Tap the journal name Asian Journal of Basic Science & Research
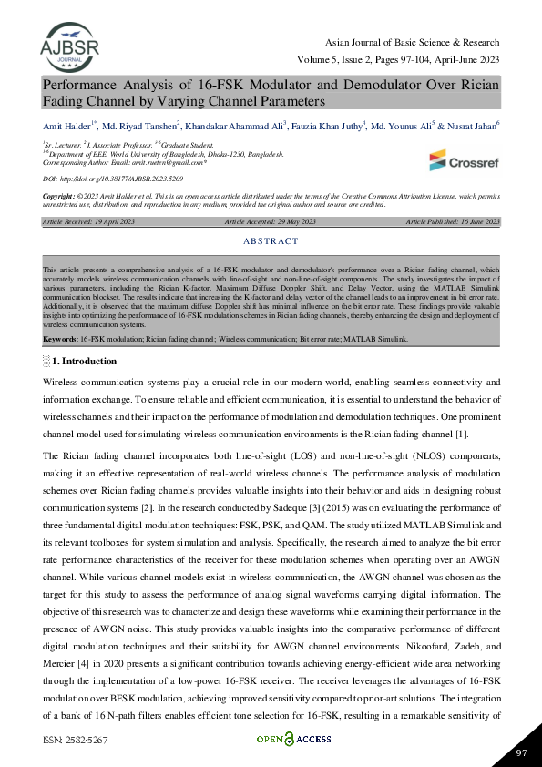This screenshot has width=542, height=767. click(x=412, y=43)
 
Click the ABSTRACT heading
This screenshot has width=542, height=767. click(x=271, y=241)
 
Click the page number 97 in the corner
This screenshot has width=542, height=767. click(x=521, y=752)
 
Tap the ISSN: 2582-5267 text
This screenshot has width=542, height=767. click(x=75, y=741)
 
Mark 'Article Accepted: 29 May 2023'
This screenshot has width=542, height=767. click(x=271, y=221)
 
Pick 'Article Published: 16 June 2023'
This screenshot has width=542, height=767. click(x=453, y=221)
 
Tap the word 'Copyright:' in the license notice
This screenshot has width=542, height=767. click(x=59, y=196)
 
